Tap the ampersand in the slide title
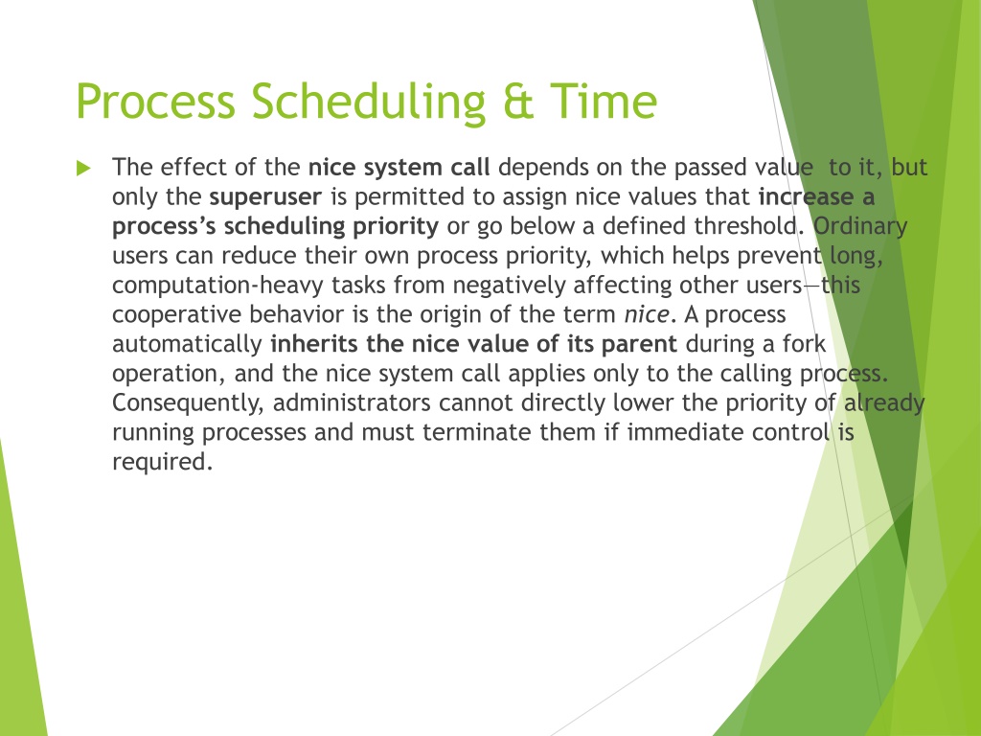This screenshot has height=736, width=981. click(x=518, y=102)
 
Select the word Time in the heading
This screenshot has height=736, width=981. click(x=604, y=101)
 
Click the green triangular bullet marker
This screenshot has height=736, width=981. click(x=84, y=168)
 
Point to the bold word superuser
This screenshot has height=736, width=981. click(x=265, y=197)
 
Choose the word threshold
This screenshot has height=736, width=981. click(x=749, y=226)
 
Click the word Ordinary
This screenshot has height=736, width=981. click(x=860, y=227)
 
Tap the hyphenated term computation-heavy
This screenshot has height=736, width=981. click(x=217, y=286)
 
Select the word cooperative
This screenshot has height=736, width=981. click(x=176, y=314)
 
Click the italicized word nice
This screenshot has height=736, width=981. click(x=647, y=314)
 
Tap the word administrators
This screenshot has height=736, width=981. click(x=352, y=402)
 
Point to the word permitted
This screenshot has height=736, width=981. click(x=409, y=198)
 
